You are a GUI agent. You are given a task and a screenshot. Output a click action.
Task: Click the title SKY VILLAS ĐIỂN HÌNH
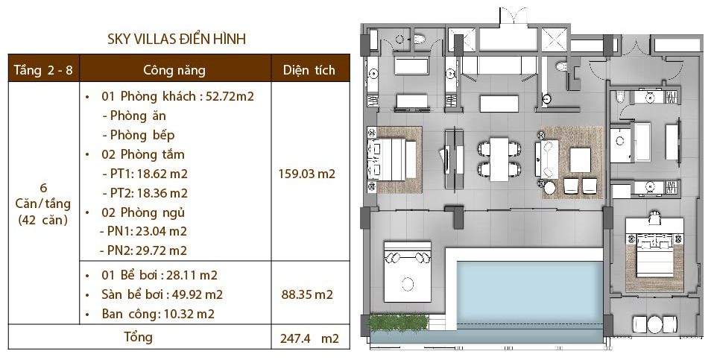pyautogui.click(x=177, y=40)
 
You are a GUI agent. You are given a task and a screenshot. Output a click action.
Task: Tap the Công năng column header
pyautogui.click(x=174, y=70)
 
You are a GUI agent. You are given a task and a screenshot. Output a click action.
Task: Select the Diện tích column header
pyautogui.click(x=309, y=70)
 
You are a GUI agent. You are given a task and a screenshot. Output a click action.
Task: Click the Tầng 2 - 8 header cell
pyautogui.click(x=43, y=70)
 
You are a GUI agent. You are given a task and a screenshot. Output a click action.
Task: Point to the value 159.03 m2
pyautogui.click(x=306, y=174)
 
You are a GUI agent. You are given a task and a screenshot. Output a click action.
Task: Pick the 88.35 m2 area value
pyautogui.click(x=307, y=294)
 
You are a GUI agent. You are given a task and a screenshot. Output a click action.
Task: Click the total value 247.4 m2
pyautogui.click(x=309, y=338)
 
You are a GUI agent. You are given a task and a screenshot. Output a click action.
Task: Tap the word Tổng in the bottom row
pyautogui.click(x=139, y=337)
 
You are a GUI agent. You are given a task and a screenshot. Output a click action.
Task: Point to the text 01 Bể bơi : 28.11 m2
pyautogui.click(x=159, y=275)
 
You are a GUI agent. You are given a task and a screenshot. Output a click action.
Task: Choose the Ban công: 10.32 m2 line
pyautogui.click(x=158, y=314)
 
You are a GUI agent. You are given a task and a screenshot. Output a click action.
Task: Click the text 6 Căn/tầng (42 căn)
pyautogui.click(x=42, y=204)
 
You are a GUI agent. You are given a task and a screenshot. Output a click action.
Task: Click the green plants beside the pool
pyautogui.click(x=398, y=322)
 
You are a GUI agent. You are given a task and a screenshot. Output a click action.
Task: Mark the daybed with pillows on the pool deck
pyautogui.click(x=407, y=272)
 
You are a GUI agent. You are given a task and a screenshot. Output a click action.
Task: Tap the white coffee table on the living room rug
pyautogui.click(x=580, y=160)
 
